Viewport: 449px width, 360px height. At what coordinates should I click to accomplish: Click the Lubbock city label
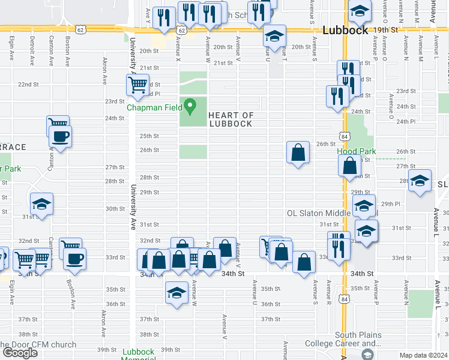tap(344, 31)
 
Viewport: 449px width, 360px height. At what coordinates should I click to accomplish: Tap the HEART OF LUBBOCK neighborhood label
tap(231, 119)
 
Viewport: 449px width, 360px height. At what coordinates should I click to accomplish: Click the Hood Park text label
tap(356, 151)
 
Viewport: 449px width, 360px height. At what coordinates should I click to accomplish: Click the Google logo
tap(20, 353)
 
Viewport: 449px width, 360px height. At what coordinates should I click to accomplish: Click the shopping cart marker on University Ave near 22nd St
tap(138, 85)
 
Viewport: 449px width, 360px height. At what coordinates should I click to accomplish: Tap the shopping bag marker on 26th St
tap(298, 153)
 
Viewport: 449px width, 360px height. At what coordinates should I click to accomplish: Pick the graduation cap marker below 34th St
tap(176, 292)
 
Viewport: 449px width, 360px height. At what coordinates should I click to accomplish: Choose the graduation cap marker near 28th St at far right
tap(420, 181)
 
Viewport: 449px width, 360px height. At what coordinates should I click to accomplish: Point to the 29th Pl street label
tap(390, 204)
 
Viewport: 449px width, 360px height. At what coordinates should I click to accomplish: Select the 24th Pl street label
tap(407, 121)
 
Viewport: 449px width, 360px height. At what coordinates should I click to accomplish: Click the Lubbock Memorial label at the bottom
tap(139, 355)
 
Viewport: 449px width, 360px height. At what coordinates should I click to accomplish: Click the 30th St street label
tap(115, 209)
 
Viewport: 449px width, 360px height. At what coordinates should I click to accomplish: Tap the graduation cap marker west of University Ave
tap(41, 204)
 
